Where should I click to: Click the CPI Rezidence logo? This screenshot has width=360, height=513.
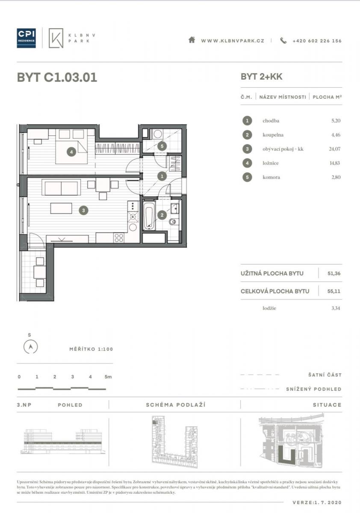[x=26, y=38]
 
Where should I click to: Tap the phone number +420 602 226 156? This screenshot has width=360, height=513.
[x=317, y=41]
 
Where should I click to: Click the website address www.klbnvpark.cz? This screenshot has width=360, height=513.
[x=233, y=41]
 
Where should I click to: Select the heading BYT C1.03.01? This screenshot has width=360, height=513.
[x=57, y=77]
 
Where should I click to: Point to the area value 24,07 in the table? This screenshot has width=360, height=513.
[x=335, y=149]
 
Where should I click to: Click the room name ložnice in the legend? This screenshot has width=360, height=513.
[x=271, y=163]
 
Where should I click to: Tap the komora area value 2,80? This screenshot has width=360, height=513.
[x=336, y=177]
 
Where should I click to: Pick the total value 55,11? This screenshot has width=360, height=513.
[x=333, y=291]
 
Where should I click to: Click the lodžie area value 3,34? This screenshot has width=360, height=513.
[x=336, y=308]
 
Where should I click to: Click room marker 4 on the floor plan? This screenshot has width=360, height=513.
[x=71, y=152]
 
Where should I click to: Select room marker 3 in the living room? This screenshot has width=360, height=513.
[x=83, y=210]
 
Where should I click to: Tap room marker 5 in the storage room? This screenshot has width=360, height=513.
[x=162, y=146]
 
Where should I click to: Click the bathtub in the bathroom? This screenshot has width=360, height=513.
[x=149, y=215]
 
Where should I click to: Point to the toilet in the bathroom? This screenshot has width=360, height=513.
[x=173, y=222]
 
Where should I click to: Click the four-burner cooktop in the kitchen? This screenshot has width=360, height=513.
[x=118, y=238]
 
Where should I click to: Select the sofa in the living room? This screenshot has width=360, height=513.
[x=61, y=188]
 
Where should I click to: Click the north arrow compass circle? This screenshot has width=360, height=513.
[x=30, y=347]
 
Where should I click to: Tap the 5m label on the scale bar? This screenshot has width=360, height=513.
[x=108, y=377]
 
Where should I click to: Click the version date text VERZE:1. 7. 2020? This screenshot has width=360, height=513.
[x=317, y=502]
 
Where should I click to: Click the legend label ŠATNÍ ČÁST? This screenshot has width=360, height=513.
[x=325, y=375]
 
